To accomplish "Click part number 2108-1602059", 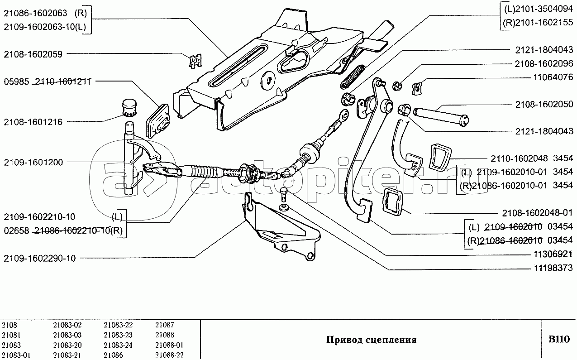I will (x=33, y=54).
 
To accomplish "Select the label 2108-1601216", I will (x=33, y=122).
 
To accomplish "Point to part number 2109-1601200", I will (x=33, y=162).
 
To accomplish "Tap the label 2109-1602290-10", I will (x=40, y=259).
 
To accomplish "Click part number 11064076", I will (x=548, y=77).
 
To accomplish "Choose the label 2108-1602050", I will (x=544, y=104).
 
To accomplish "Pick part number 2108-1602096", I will (x=544, y=64).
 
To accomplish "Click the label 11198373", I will (x=548, y=269).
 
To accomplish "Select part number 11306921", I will (x=548, y=254).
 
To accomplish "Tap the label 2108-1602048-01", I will (x=538, y=212).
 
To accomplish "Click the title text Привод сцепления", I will (x=371, y=340).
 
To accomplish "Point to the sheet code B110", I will (x=559, y=339).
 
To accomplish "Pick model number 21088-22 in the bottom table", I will (x=169, y=355).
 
